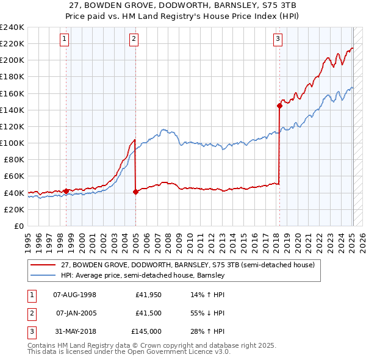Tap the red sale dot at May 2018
279,106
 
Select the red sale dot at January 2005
135,192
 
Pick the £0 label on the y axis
18,226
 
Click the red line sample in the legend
43,265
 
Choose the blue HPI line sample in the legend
43,276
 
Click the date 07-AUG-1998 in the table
75,295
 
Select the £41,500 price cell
148,313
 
